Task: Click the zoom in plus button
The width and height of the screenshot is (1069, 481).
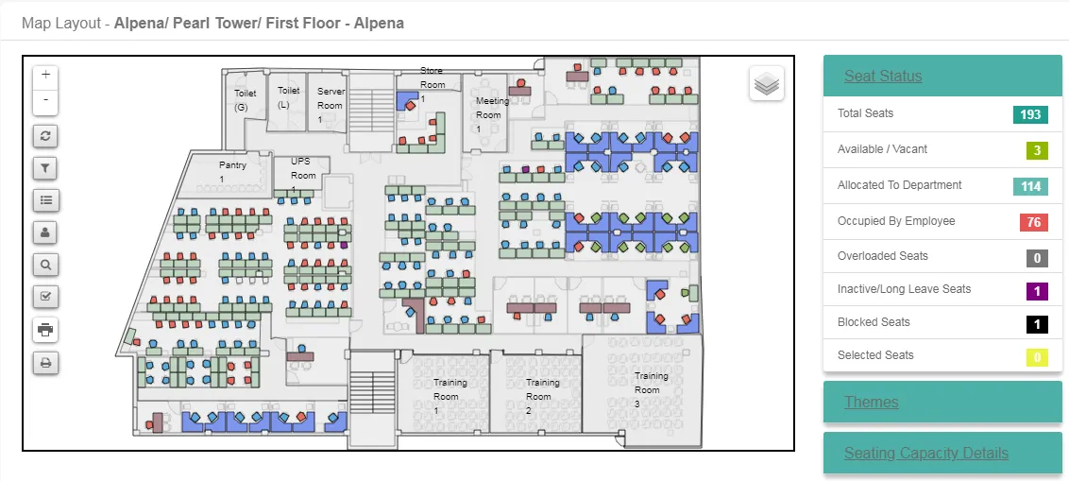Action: click(x=45, y=75)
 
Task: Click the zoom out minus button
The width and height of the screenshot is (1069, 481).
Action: click(x=45, y=100)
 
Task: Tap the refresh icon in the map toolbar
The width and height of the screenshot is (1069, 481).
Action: click(x=45, y=136)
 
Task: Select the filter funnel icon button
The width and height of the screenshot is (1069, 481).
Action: click(x=45, y=168)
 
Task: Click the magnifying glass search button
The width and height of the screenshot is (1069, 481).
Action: click(x=45, y=265)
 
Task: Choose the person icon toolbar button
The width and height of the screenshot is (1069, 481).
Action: click(x=45, y=232)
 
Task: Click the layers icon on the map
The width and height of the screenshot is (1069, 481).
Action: click(x=767, y=84)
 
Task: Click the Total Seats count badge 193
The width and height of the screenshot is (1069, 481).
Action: click(x=1030, y=114)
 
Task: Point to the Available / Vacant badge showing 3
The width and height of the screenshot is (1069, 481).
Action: click(x=1037, y=150)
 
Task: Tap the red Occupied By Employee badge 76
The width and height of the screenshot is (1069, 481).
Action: click(x=1033, y=222)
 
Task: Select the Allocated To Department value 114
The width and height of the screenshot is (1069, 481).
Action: click(x=1030, y=186)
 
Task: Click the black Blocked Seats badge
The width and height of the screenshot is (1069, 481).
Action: click(x=1037, y=324)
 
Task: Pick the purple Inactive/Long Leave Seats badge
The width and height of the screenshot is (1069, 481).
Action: click(x=1037, y=291)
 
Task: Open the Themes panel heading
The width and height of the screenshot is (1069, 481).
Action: click(x=872, y=402)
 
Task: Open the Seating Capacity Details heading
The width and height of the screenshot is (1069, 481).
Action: click(x=925, y=453)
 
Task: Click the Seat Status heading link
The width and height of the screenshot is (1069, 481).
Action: click(x=883, y=76)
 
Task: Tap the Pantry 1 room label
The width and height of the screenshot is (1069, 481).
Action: click(x=231, y=172)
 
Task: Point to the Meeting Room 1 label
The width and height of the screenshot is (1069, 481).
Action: click(x=491, y=114)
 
